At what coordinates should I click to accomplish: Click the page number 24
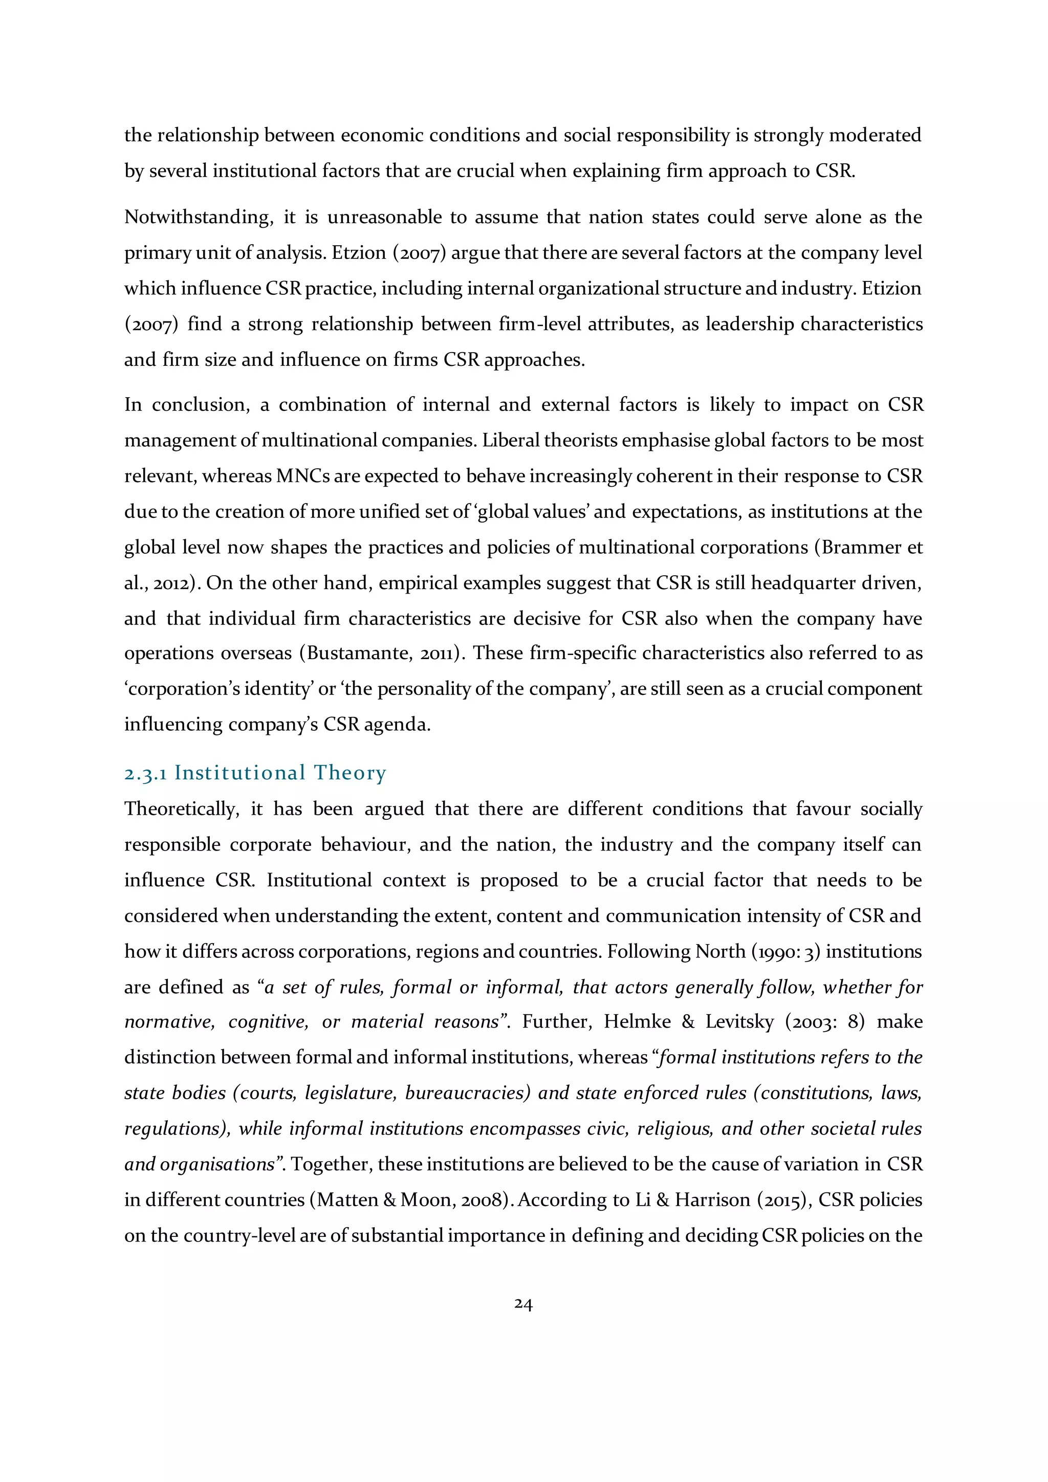point(523,1304)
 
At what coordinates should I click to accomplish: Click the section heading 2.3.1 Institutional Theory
point(255,773)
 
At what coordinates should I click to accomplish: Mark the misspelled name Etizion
point(891,288)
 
